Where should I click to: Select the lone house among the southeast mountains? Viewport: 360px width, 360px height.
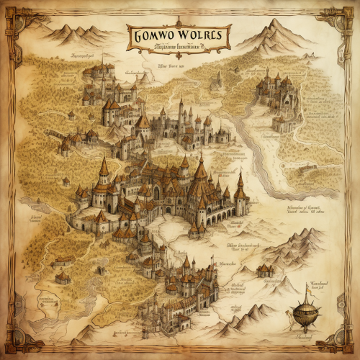click(x=265, y=270)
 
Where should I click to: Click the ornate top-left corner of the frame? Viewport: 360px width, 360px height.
click(x=13, y=13)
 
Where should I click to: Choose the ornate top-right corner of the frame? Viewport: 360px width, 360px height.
click(x=347, y=13)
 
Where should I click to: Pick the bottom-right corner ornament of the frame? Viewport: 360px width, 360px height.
click(x=347, y=347)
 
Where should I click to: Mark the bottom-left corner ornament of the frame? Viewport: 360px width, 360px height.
click(x=13, y=347)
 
